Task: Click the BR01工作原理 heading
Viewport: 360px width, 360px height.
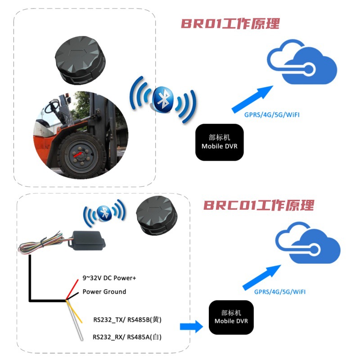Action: pyautogui.click(x=230, y=23)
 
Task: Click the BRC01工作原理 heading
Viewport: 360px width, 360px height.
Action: pyautogui.click(x=258, y=205)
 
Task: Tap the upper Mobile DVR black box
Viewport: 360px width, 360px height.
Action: pyautogui.click(x=219, y=142)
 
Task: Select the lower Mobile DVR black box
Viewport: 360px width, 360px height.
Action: pyautogui.click(x=231, y=317)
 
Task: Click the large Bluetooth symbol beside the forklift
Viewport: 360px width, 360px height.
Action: pyautogui.click(x=162, y=100)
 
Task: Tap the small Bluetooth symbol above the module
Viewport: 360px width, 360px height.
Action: pyautogui.click(x=105, y=214)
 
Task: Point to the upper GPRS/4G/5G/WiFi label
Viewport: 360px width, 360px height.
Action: pyautogui.click(x=272, y=115)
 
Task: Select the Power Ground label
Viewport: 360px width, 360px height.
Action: pyautogui.click(x=104, y=292)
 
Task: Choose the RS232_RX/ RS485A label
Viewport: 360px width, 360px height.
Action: pyautogui.click(x=127, y=337)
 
